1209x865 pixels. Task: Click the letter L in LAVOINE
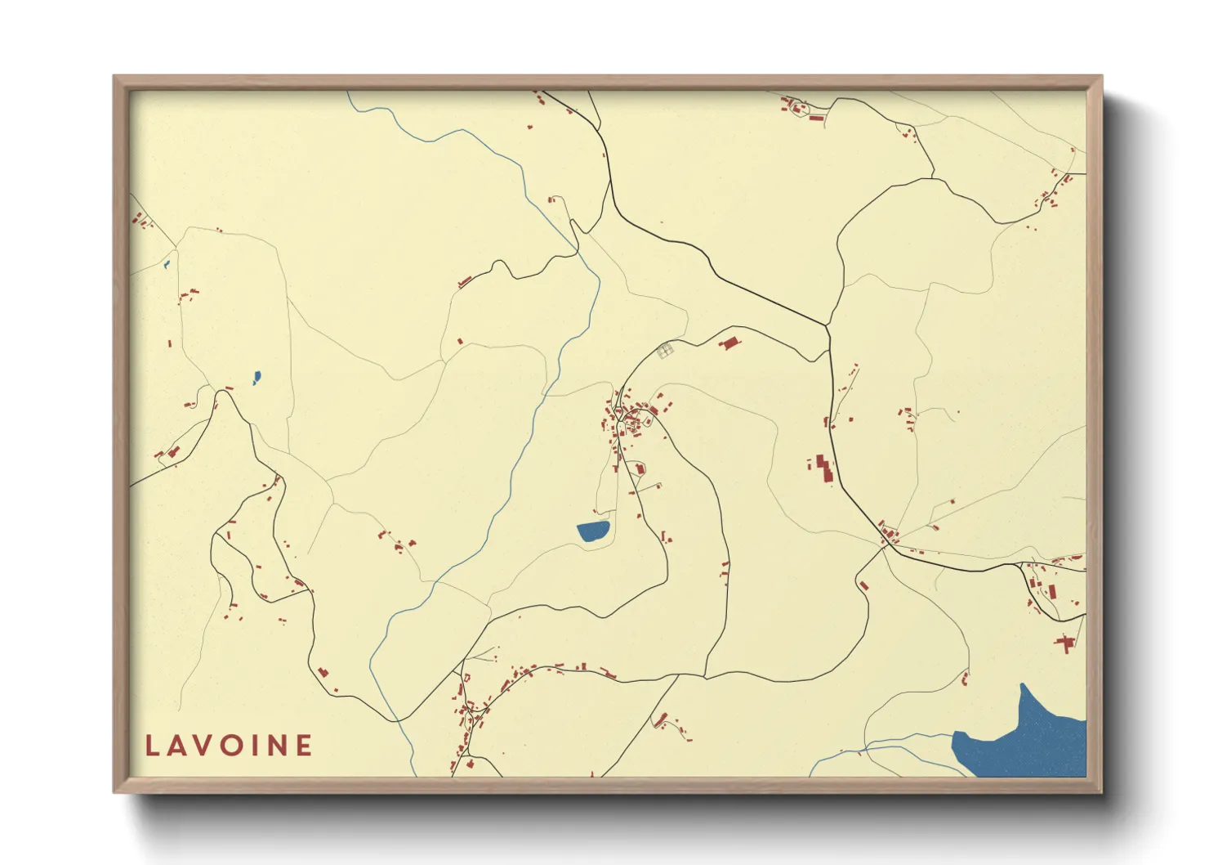[x=152, y=745]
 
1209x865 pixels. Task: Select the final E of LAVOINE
[x=304, y=745]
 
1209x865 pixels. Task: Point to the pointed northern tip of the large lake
[x=1023, y=684]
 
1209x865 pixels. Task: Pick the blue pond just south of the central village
[x=593, y=531]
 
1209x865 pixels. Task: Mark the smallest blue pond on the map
[x=166, y=263]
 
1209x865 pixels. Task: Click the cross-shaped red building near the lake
[x=1064, y=643]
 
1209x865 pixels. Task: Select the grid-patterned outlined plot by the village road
[x=664, y=351]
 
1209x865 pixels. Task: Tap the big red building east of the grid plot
[x=728, y=343]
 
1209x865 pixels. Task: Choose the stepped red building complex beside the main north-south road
[x=823, y=468]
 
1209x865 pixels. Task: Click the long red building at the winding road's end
[x=465, y=282]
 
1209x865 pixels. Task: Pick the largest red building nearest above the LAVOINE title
[x=322, y=672]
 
